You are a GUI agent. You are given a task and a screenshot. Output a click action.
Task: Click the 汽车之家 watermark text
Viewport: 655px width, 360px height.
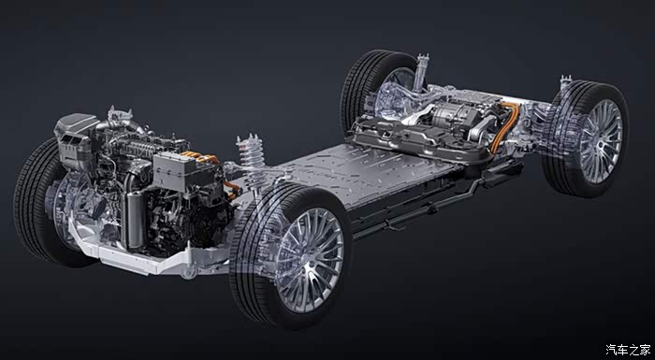point(628,349)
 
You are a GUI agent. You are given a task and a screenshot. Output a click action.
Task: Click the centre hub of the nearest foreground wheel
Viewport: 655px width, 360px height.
point(310,260)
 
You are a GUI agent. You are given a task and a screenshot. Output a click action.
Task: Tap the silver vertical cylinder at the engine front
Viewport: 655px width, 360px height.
point(135,219)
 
